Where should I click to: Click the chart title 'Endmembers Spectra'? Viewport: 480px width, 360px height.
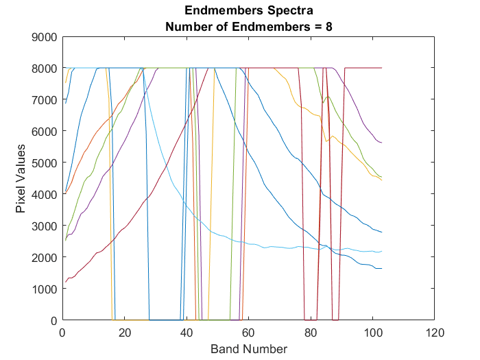coord(248,11)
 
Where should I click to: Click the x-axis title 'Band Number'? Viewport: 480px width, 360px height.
coord(248,349)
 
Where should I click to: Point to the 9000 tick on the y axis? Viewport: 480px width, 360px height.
coord(45,37)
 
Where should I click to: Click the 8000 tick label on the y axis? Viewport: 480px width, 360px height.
coord(45,69)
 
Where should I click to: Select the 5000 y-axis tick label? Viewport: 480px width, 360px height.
coord(45,163)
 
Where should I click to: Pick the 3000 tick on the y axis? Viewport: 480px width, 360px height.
coord(45,226)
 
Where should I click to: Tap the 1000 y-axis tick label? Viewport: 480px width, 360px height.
coord(45,289)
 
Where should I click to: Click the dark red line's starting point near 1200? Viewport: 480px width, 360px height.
coord(66,282)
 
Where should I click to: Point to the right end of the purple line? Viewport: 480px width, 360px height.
coord(381,143)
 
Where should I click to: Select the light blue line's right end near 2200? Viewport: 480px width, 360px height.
coord(381,251)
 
